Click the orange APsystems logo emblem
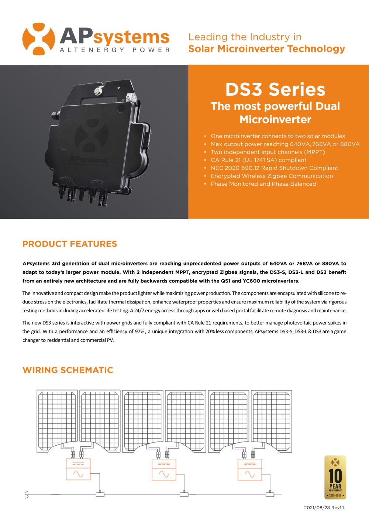tap(39, 39)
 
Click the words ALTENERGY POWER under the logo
tap(115, 50)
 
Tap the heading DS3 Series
tap(275, 89)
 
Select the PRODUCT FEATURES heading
tap(70, 244)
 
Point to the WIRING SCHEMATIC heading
tap(68, 370)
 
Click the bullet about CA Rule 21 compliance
tap(258, 160)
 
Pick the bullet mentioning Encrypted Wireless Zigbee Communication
tap(272, 176)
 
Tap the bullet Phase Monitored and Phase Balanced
tap(263, 184)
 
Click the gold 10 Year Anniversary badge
tap(335, 477)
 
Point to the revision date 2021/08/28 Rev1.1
tap(324, 508)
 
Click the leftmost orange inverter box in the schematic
tap(78, 469)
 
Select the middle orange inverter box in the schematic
tap(164, 470)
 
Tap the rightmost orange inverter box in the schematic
tap(250, 470)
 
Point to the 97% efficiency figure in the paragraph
tap(140, 332)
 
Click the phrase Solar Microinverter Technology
tap(266, 49)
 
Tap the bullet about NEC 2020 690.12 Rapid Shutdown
tap(274, 168)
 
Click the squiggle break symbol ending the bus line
tap(27, 495)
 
